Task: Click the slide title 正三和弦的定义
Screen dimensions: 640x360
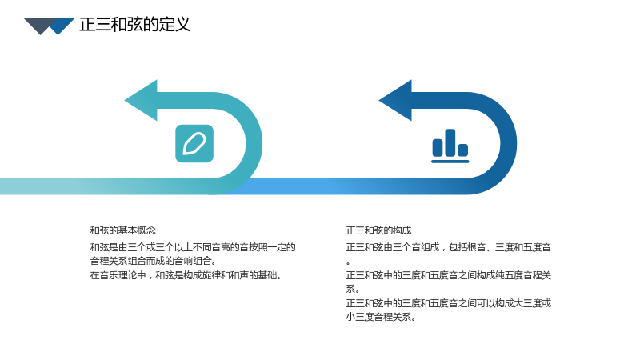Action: click(x=134, y=25)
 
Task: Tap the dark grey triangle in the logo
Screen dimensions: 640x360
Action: click(x=39, y=25)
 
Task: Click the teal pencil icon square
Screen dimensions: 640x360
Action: click(x=194, y=144)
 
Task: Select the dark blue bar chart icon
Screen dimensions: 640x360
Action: click(x=450, y=146)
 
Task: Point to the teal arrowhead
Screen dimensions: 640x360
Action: click(x=141, y=101)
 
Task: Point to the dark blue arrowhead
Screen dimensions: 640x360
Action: click(x=395, y=101)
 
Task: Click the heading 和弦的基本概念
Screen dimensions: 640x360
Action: click(x=123, y=230)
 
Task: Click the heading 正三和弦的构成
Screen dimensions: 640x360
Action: click(x=378, y=230)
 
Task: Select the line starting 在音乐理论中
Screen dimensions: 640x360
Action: click(x=186, y=275)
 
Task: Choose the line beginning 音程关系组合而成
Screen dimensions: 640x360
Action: click(x=154, y=261)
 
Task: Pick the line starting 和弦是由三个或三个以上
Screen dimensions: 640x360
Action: click(x=193, y=247)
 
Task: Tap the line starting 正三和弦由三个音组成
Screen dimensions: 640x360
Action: click(x=449, y=247)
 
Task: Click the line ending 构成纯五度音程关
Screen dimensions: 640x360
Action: click(x=449, y=275)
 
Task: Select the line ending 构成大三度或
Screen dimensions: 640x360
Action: click(x=449, y=303)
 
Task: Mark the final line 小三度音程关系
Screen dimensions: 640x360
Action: click(x=381, y=317)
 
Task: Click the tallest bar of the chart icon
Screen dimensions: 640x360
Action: click(x=450, y=142)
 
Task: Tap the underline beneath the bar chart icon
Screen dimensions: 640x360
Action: click(x=450, y=162)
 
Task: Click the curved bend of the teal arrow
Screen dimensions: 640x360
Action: click(x=254, y=144)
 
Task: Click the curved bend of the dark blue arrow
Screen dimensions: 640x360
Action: click(x=509, y=144)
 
